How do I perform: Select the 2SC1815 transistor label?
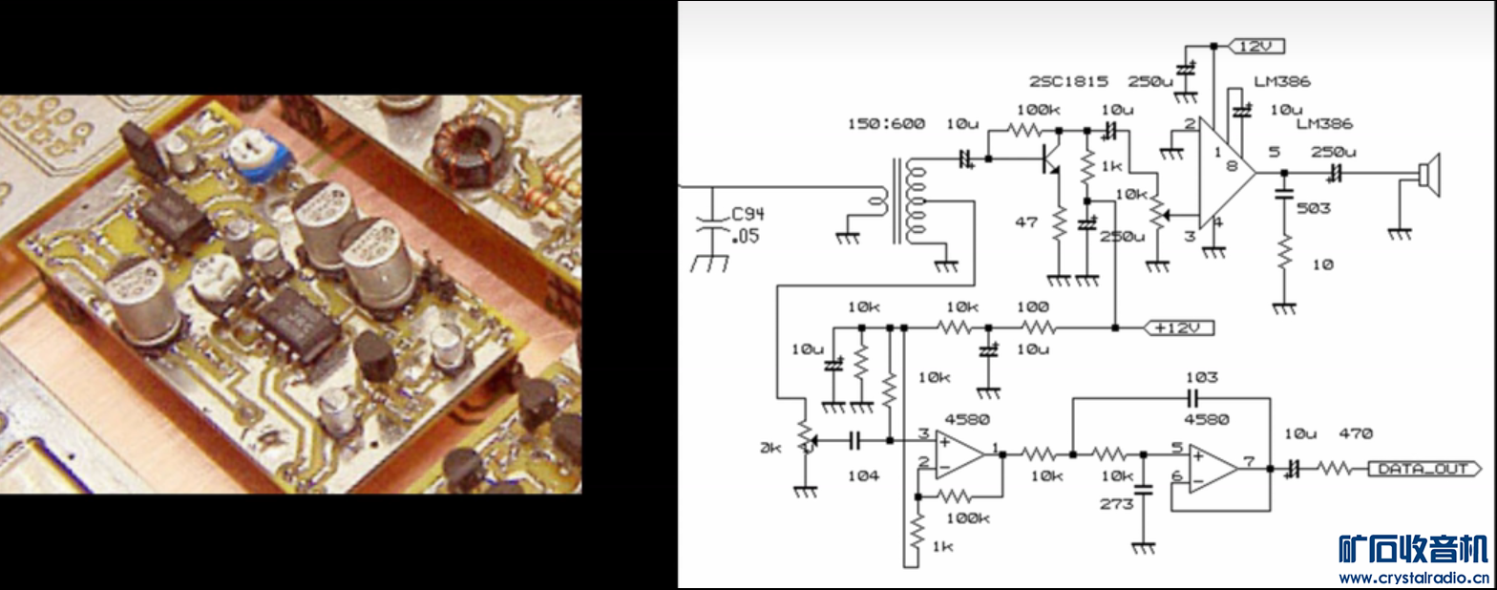(x=1069, y=81)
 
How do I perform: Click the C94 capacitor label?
(x=748, y=215)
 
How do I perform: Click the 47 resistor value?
(x=1025, y=221)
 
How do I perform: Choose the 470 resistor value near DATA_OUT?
(x=1355, y=434)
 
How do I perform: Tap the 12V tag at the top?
(x=1258, y=46)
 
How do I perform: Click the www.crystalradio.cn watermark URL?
(x=1412, y=578)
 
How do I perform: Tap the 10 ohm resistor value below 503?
(x=1321, y=263)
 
